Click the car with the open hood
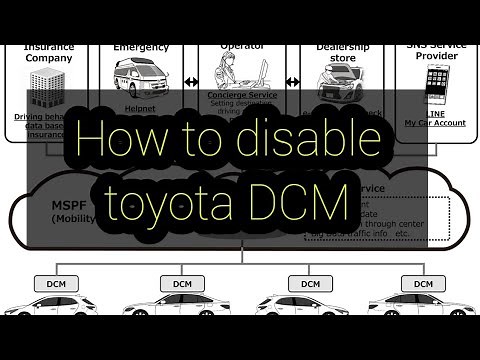click(x=337, y=74)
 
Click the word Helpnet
click(x=141, y=108)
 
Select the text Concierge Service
click(x=242, y=97)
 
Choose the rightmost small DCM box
click(x=423, y=284)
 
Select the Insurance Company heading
click(x=48, y=52)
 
